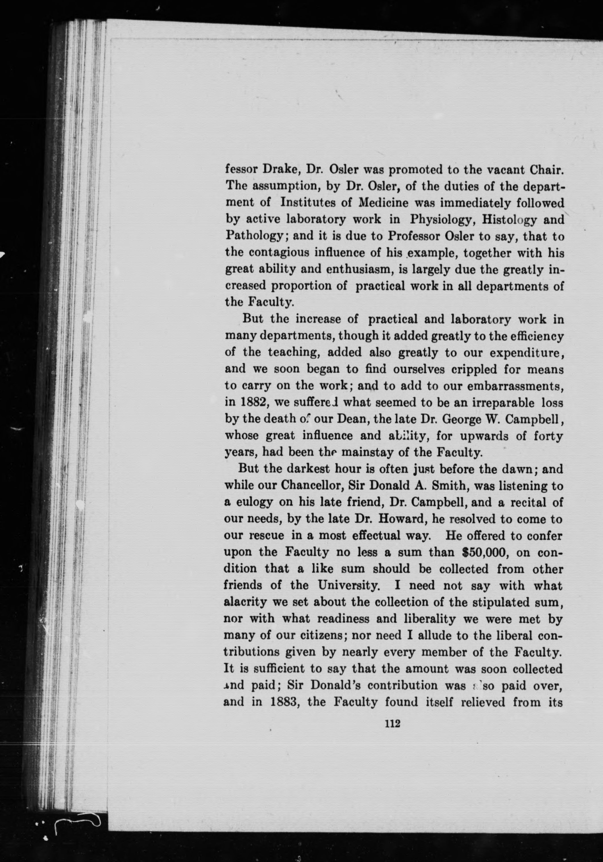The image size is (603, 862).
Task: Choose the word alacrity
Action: click(245, 602)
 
